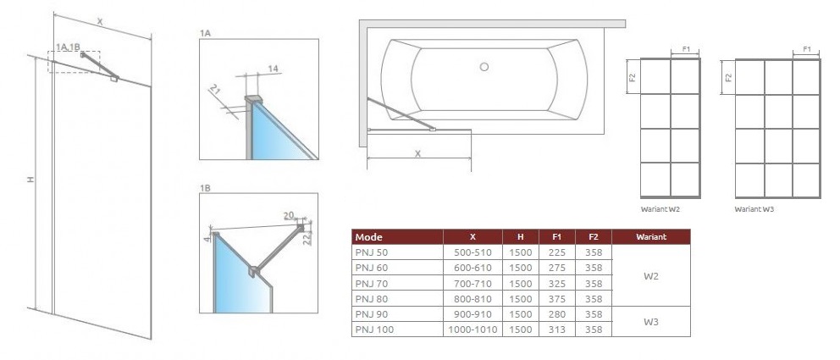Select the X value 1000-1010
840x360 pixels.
pyautogui.click(x=472, y=330)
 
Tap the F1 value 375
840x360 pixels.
pyautogui.click(x=556, y=299)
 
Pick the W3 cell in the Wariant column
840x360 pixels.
pyautogui.click(x=650, y=322)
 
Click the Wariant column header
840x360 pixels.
pyautogui.click(x=651, y=237)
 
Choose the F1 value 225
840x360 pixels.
pyautogui.click(x=556, y=252)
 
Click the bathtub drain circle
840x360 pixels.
pyautogui.click(x=484, y=67)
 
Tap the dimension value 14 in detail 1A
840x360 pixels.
pyautogui.click(x=274, y=69)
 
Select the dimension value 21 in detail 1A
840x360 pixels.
pyautogui.click(x=215, y=90)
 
